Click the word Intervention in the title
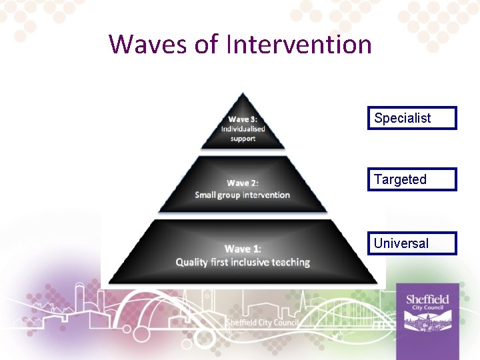(299, 45)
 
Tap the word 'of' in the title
(207, 45)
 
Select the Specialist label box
(412, 118)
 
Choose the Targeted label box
(412, 179)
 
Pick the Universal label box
(412, 243)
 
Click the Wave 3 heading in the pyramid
(243, 119)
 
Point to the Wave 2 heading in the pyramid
(243, 183)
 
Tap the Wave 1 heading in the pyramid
(243, 249)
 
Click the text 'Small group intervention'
(243, 195)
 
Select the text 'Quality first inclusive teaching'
(243, 262)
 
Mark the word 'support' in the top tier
(243, 139)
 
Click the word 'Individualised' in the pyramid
(243, 129)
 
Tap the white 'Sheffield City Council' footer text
(262, 323)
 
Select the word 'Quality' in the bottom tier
(191, 262)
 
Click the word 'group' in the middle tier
(232, 195)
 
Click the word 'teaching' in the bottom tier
(291, 262)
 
